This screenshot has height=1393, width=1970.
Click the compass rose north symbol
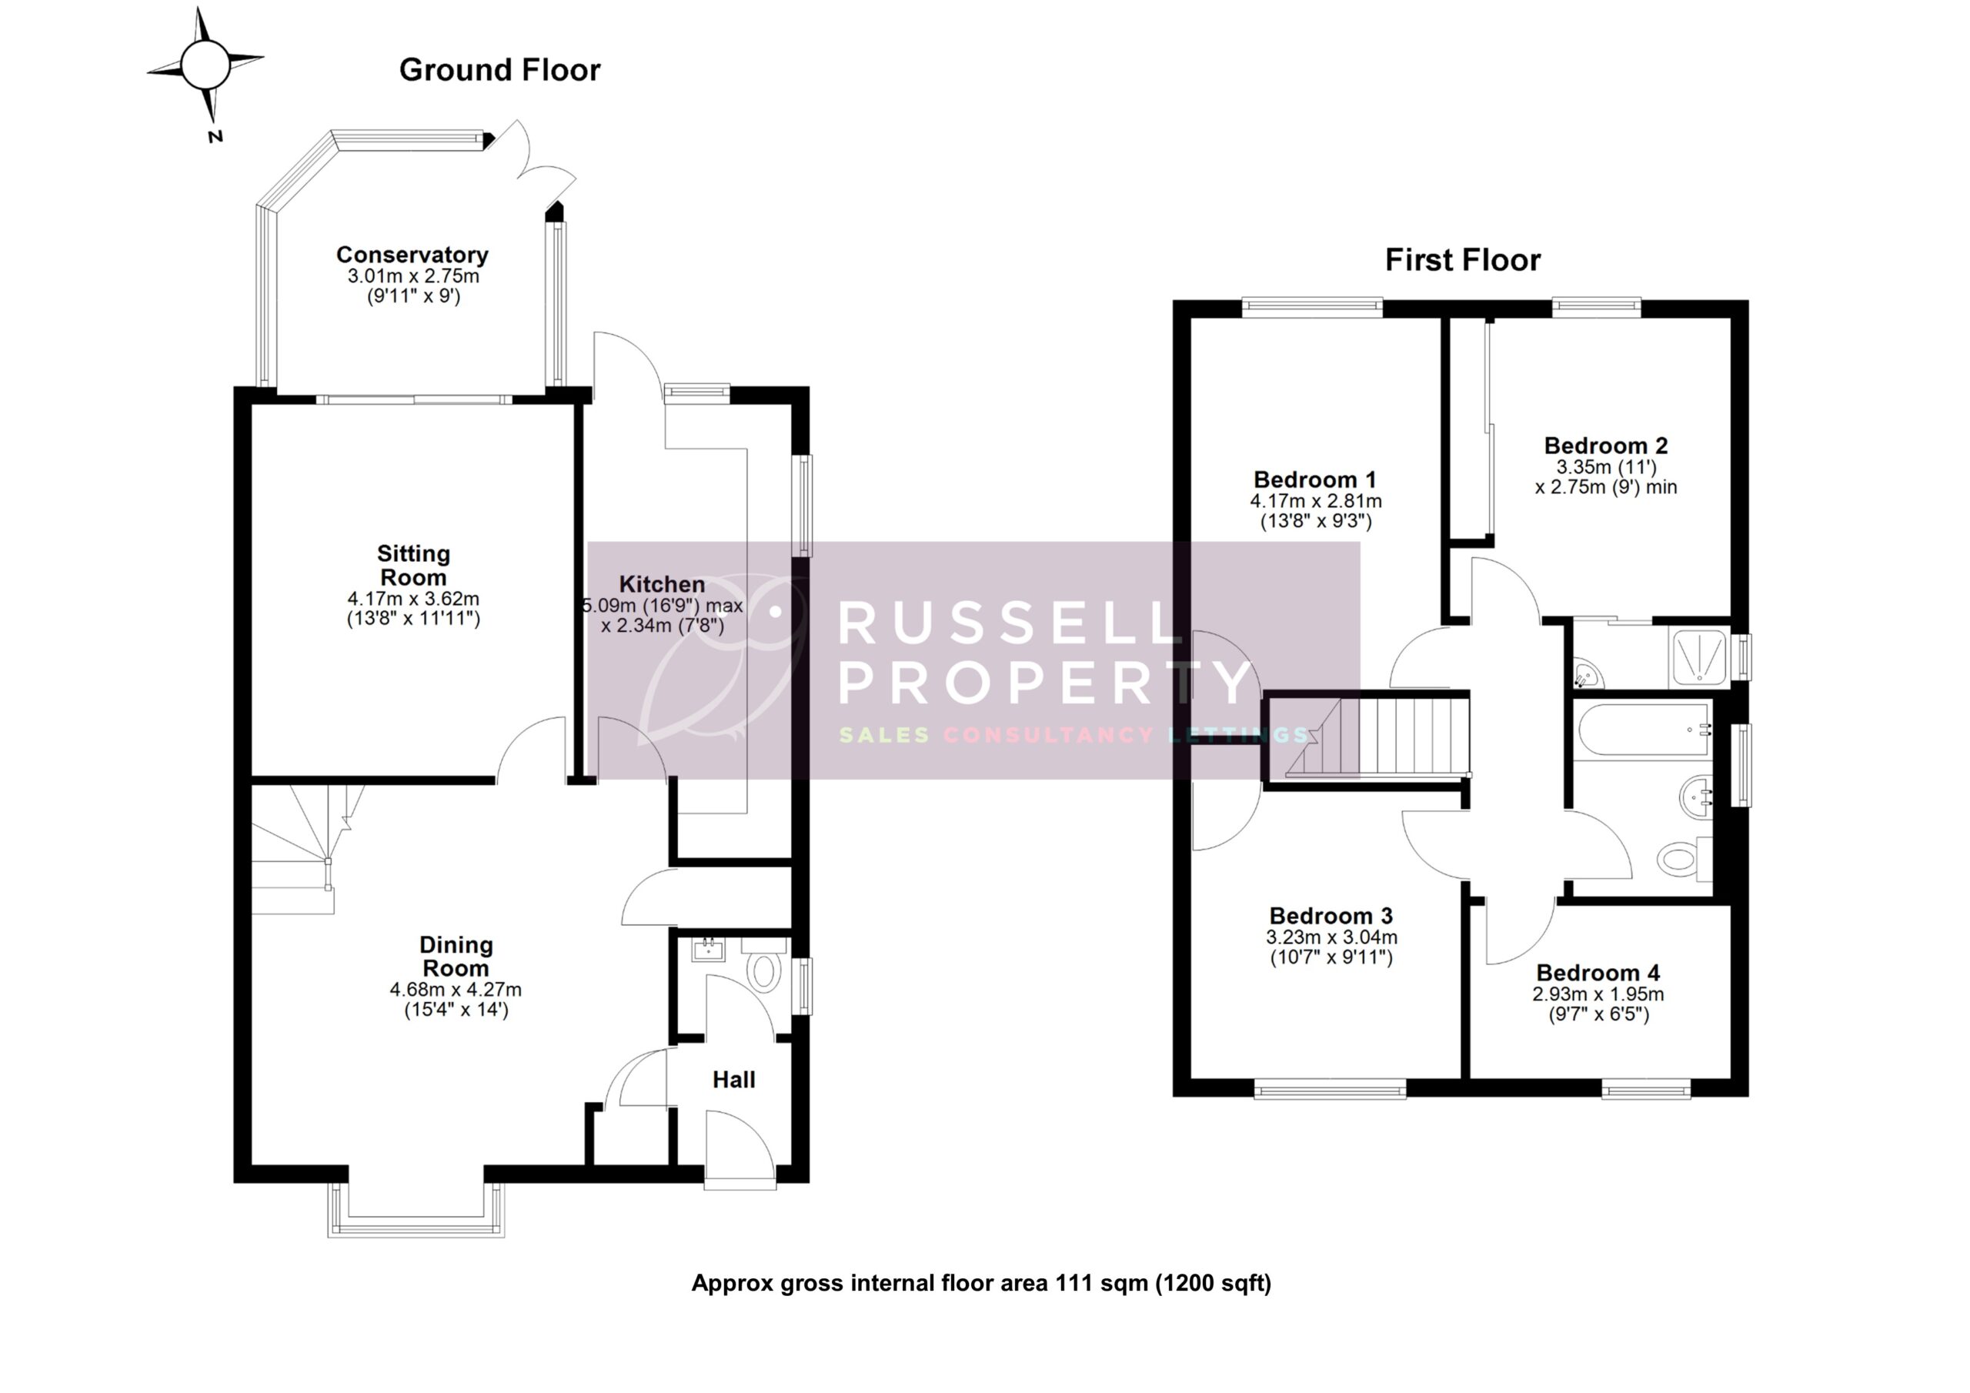point(205,65)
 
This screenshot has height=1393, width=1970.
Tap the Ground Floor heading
point(499,70)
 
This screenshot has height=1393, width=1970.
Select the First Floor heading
point(1462,260)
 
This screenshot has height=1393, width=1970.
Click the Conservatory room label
point(412,255)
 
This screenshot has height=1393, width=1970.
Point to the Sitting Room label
point(412,566)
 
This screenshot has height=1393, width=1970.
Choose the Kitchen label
point(662,584)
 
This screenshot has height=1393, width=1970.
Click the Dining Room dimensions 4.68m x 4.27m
point(456,990)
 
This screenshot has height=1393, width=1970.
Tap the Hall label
point(733,1080)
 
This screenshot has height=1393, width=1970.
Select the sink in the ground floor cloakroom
point(709,949)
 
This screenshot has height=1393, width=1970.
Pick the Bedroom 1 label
point(1314,479)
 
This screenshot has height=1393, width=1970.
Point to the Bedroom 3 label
point(1331,916)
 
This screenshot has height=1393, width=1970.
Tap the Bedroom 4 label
point(1598,973)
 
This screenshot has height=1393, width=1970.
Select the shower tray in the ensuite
point(1699,656)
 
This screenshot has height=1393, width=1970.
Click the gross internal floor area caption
point(980,1283)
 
